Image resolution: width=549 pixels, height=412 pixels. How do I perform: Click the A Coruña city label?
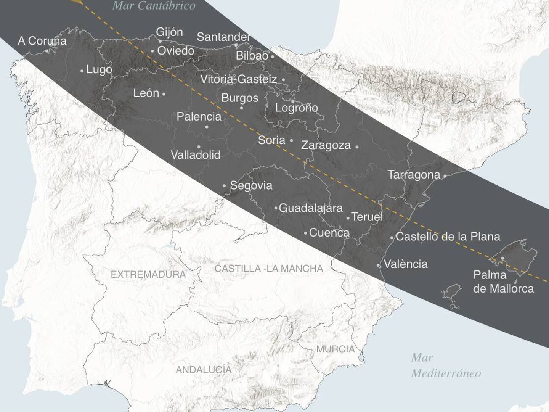pyautogui.click(x=42, y=40)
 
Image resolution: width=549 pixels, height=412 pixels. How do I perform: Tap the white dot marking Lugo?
pyautogui.click(x=82, y=71)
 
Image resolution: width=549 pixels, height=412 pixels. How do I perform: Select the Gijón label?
pyautogui.click(x=169, y=32)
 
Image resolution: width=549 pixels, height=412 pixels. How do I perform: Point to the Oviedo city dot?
pyautogui.click(x=152, y=51)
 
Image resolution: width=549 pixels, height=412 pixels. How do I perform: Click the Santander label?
pyautogui.click(x=223, y=37)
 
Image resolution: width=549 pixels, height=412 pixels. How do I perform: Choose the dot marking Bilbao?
pyautogui.click(x=273, y=56)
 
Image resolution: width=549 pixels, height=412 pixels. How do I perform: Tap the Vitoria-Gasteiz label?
pyautogui.click(x=239, y=79)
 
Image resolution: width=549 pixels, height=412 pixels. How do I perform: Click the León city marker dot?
pyautogui.click(x=164, y=94)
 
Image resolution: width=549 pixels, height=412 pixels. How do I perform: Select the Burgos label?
pyautogui.click(x=240, y=98)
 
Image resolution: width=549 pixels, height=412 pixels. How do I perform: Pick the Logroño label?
pyautogui.click(x=297, y=108)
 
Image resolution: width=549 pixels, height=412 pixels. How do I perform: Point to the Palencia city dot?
pyautogui.click(x=207, y=127)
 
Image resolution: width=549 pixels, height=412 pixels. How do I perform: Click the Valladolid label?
pyautogui.click(x=195, y=155)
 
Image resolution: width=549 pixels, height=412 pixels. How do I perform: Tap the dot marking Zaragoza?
pyautogui.click(x=357, y=146)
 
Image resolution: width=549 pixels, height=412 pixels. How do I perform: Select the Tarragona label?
pyautogui.click(x=414, y=175)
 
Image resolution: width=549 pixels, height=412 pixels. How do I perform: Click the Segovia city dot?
pyautogui.click(x=225, y=186)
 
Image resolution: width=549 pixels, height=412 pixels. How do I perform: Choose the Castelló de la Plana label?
pyautogui.click(x=448, y=237)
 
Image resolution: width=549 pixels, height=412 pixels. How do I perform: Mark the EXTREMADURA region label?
pyautogui.click(x=148, y=274)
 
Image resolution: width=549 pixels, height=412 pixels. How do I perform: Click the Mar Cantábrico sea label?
pyautogui.click(x=154, y=5)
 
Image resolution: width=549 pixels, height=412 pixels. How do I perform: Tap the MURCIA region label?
pyautogui.click(x=335, y=349)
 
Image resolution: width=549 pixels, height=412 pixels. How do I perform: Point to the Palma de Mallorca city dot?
pyautogui.click(x=502, y=259)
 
